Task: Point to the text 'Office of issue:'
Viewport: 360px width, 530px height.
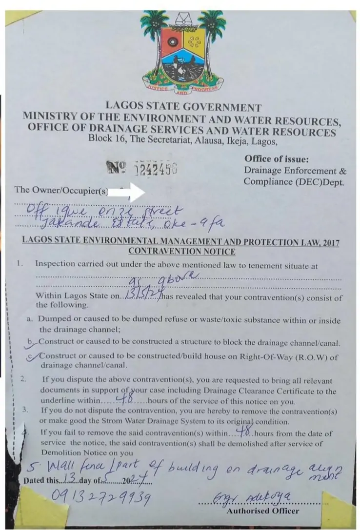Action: click(x=276, y=159)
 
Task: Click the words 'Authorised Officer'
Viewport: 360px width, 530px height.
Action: click(x=263, y=510)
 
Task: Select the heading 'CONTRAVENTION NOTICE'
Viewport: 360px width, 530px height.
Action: click(x=181, y=252)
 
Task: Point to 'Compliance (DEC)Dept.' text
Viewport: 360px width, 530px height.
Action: click(x=294, y=183)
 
